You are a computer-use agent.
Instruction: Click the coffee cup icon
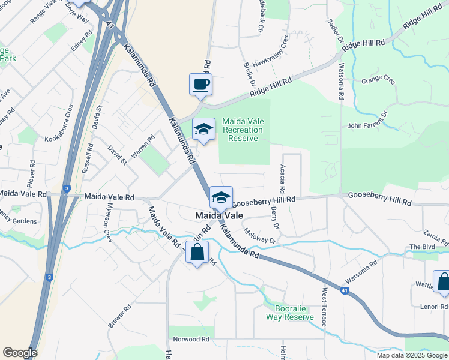click(200, 84)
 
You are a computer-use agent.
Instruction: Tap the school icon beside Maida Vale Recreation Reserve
click(203, 129)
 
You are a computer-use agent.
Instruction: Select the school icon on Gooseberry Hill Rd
click(221, 197)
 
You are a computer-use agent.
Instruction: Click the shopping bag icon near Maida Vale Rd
click(197, 253)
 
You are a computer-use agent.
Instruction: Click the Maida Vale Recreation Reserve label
click(243, 130)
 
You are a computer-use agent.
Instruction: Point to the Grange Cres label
click(378, 80)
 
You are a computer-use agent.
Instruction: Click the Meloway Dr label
click(259, 236)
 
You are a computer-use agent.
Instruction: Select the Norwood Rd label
click(190, 340)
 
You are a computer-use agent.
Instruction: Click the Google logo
click(20, 353)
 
